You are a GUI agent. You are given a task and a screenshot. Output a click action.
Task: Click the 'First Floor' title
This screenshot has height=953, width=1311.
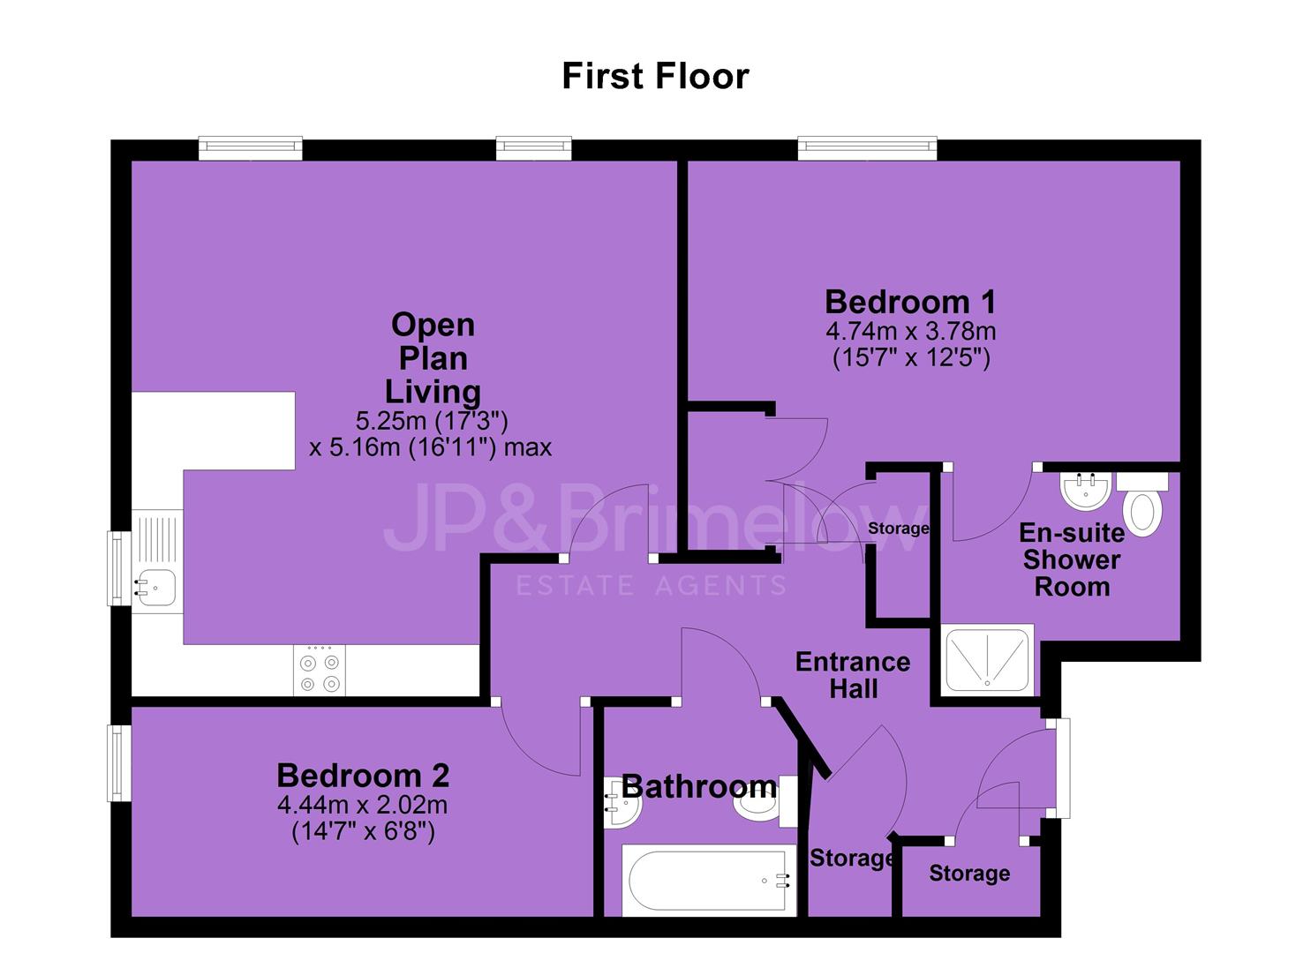click(655, 76)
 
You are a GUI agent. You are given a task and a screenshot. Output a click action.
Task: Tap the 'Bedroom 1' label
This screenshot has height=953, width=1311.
click(910, 303)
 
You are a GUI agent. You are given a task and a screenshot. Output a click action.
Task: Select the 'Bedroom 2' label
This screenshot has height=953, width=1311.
click(363, 776)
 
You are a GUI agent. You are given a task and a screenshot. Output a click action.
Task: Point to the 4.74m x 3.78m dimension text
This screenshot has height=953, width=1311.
click(911, 332)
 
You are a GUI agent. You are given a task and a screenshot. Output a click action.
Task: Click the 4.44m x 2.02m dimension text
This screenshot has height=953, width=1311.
click(362, 806)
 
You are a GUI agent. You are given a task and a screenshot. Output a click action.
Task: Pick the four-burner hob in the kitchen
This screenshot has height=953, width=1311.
click(320, 671)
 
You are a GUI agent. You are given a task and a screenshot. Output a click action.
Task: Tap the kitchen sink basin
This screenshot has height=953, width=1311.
click(155, 588)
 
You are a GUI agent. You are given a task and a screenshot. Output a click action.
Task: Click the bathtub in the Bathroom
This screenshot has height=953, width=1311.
click(709, 881)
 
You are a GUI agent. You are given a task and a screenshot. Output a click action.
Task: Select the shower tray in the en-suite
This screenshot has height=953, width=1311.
click(987, 660)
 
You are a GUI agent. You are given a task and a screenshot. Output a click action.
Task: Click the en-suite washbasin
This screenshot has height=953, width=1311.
click(1086, 492)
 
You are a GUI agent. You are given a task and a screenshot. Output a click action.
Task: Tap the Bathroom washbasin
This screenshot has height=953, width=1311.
click(622, 802)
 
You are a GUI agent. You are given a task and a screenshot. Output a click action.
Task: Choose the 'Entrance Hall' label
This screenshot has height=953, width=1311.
click(853, 675)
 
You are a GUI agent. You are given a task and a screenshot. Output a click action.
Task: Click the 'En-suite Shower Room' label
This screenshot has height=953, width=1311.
click(1072, 559)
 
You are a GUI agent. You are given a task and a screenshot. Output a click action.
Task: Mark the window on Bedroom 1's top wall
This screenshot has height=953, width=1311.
click(867, 148)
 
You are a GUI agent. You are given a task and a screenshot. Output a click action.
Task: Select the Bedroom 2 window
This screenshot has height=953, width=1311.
click(119, 763)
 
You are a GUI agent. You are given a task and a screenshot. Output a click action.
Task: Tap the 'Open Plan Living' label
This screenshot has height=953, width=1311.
click(433, 358)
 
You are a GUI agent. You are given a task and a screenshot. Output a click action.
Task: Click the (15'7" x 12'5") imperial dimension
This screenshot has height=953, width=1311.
click(911, 356)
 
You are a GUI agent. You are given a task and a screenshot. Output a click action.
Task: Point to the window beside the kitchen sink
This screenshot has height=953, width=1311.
click(119, 568)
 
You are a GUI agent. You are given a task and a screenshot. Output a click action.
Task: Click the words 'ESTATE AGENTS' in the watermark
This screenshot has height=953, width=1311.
click(651, 586)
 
